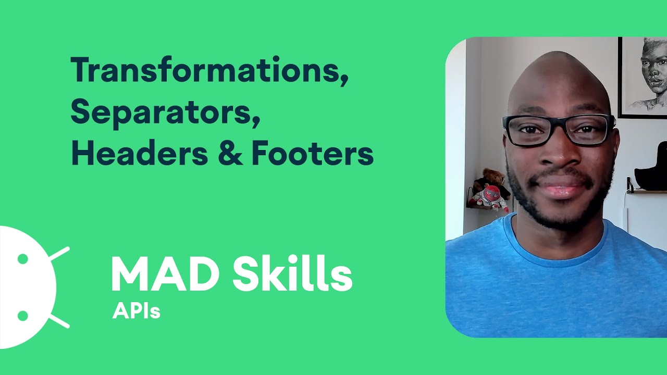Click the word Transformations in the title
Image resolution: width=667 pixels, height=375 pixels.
(x=208, y=71)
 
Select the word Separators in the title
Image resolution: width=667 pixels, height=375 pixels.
(x=165, y=112)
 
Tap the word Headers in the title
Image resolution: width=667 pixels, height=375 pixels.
(x=140, y=154)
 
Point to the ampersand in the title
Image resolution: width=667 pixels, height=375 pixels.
(x=230, y=155)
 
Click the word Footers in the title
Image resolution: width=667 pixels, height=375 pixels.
(x=312, y=154)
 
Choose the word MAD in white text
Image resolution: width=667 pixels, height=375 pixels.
(x=165, y=274)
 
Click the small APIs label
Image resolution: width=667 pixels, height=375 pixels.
(x=136, y=311)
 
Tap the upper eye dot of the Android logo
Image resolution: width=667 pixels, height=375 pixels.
(x=22, y=258)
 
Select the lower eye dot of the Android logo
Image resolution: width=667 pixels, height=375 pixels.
(x=22, y=316)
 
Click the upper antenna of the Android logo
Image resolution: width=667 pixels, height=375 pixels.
(x=59, y=253)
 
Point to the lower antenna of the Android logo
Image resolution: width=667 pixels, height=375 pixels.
(x=59, y=321)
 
